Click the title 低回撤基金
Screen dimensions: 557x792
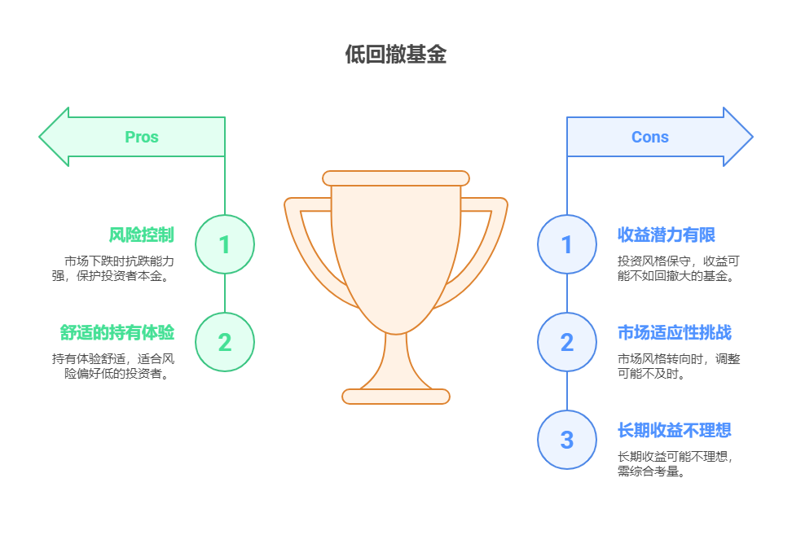coord(396,55)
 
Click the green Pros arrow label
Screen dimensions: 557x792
coord(142,137)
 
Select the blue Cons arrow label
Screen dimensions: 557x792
coord(650,137)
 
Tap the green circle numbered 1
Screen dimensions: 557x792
coord(225,244)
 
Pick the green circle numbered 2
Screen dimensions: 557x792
coord(225,342)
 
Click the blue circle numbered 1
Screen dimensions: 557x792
coord(567,244)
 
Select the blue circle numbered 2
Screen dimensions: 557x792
coord(567,342)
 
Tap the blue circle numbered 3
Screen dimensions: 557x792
coord(567,440)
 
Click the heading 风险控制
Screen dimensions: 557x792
coord(142,235)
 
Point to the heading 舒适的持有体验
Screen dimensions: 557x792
coord(117,332)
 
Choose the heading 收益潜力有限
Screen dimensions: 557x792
coord(667,235)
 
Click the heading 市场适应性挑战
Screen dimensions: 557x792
coord(675,332)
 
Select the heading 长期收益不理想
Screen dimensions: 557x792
coord(675,430)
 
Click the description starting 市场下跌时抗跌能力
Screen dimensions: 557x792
coord(114,269)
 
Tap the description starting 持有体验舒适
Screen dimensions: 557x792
coord(114,366)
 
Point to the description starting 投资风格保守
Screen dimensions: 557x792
coord(678,269)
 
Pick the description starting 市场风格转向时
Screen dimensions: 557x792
coord(678,366)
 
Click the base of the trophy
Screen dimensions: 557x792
coord(396,397)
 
